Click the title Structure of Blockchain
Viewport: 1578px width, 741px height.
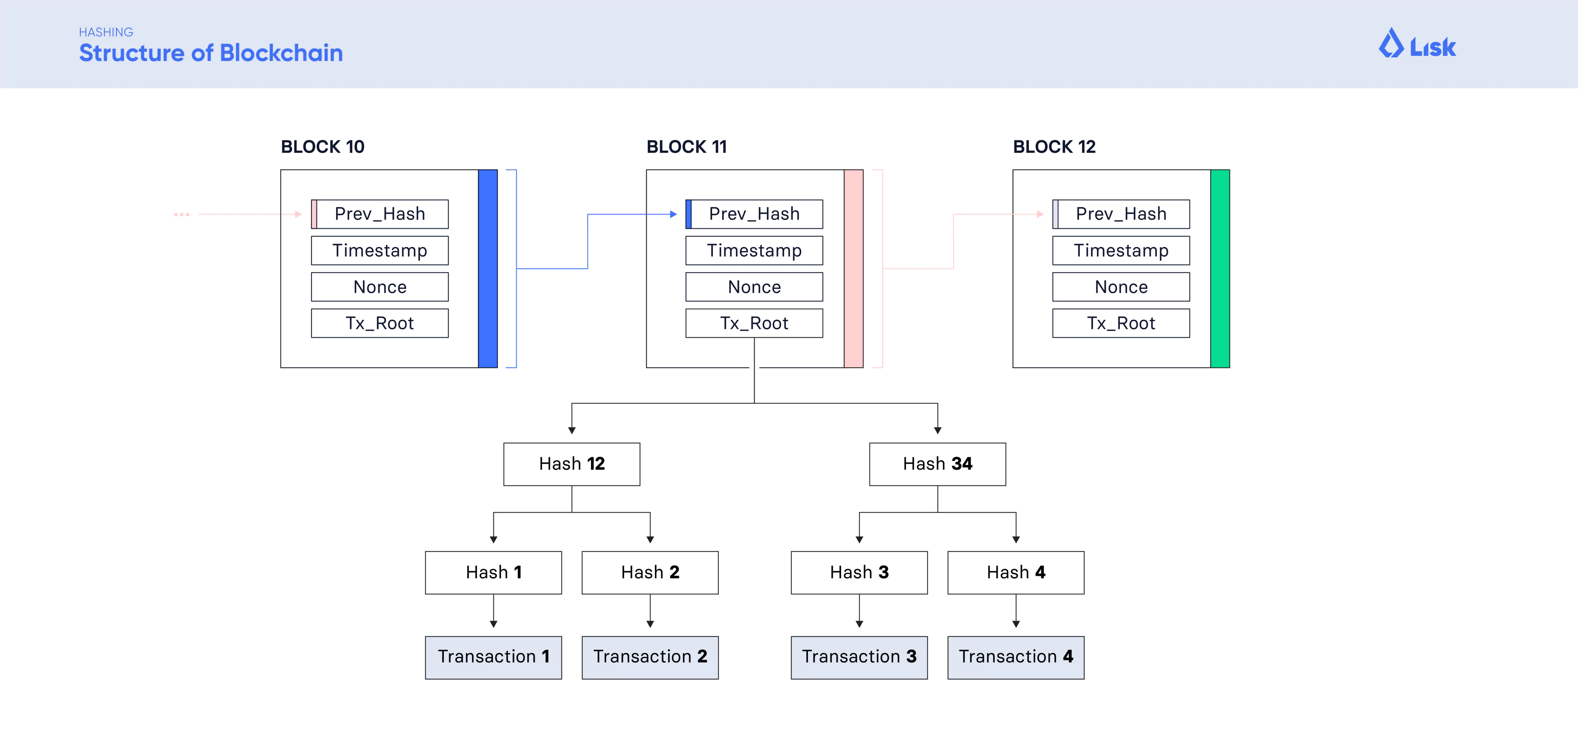(x=211, y=53)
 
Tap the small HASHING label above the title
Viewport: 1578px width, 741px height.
(x=106, y=32)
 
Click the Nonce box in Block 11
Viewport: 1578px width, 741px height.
(x=754, y=287)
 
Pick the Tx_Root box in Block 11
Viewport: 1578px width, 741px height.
(x=754, y=323)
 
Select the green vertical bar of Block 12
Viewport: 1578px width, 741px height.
(x=1220, y=268)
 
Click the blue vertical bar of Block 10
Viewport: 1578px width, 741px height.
(x=488, y=268)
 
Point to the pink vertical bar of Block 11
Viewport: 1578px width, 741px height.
(x=853, y=268)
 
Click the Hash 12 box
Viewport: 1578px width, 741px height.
(x=572, y=464)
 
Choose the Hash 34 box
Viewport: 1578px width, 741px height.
(x=937, y=464)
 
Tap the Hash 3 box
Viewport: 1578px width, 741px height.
(x=859, y=572)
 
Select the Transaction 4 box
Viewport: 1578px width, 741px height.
(x=1016, y=657)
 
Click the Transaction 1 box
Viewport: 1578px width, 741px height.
(x=493, y=657)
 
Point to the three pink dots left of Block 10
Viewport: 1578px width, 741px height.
(x=182, y=214)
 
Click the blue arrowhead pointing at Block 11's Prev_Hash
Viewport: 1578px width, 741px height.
(x=673, y=214)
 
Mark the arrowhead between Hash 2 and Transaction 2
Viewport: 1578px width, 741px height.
(x=650, y=623)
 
